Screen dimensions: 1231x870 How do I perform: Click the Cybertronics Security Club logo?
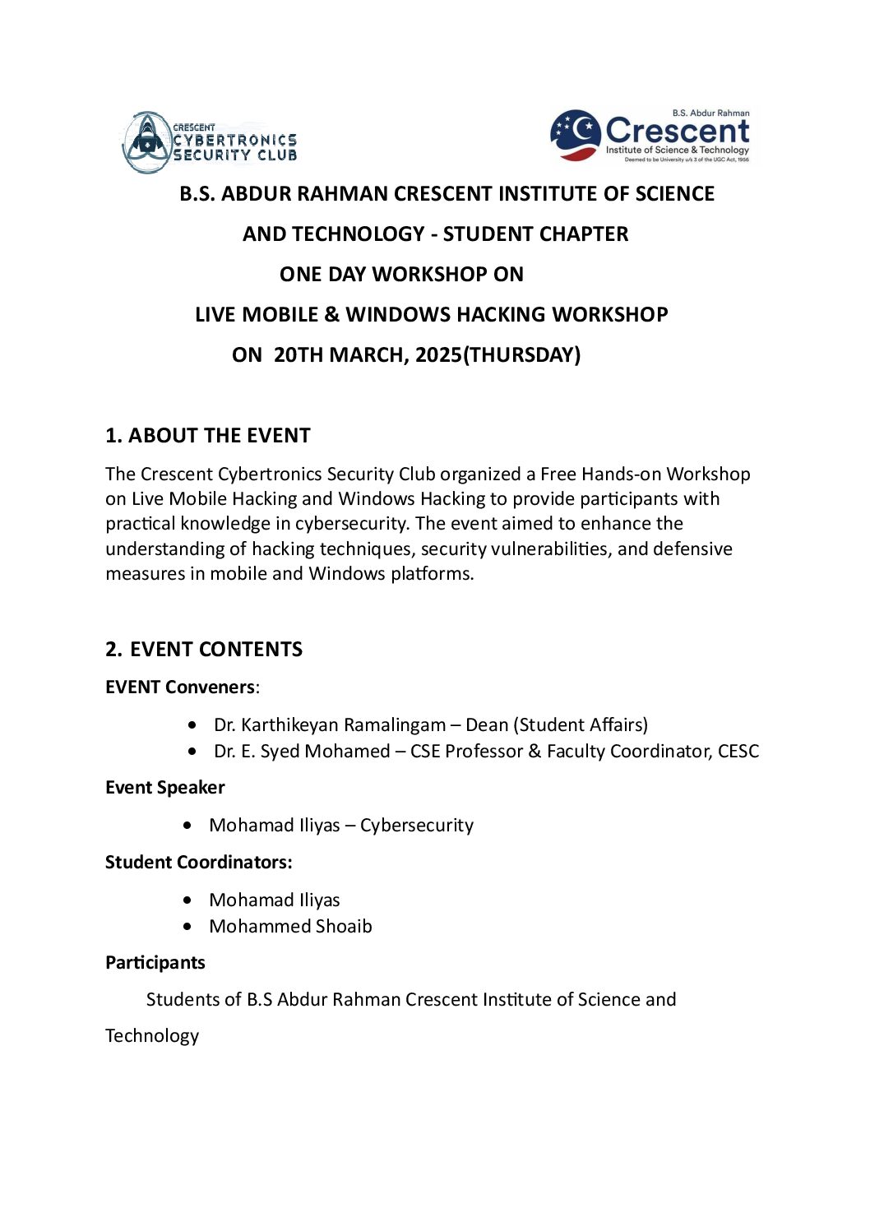point(210,142)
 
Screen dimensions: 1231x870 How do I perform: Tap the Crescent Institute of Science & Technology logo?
point(650,136)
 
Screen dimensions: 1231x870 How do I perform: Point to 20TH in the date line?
point(300,355)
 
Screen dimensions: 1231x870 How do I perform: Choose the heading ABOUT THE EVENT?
point(219,436)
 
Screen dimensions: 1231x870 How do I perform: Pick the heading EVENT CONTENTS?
point(215,650)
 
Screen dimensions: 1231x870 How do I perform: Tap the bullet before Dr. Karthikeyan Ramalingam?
point(192,725)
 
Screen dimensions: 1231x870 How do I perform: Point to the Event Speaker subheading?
point(164,788)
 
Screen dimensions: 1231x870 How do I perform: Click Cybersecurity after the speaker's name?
point(417,826)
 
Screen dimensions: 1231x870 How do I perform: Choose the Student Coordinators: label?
point(198,863)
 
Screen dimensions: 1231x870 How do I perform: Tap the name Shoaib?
point(344,927)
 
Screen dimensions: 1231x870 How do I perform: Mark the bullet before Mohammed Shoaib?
point(188,927)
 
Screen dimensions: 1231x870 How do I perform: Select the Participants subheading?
point(155,963)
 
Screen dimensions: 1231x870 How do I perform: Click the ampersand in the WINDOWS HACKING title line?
point(331,315)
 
